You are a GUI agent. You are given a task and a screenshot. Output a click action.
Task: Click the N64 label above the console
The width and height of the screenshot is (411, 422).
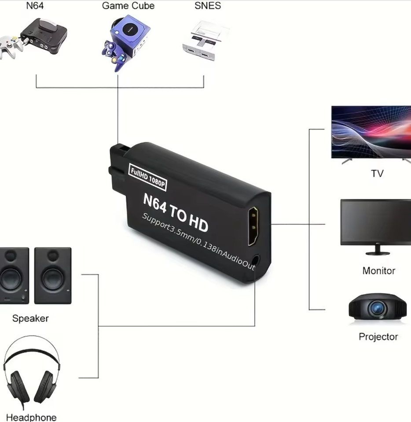click(x=35, y=6)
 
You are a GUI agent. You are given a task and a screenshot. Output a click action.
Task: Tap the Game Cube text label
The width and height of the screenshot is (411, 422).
click(x=128, y=6)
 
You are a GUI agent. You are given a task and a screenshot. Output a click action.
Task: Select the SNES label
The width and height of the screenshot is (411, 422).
click(x=208, y=6)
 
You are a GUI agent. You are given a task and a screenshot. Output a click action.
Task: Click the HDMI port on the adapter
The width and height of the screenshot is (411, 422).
click(x=253, y=226)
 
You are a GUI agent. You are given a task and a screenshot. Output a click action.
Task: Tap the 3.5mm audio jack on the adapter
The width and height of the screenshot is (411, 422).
click(x=255, y=261)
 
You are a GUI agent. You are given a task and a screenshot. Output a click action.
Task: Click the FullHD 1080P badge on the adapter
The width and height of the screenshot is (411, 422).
click(x=147, y=177)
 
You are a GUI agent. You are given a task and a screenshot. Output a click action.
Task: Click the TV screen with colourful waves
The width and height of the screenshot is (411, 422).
click(x=371, y=132)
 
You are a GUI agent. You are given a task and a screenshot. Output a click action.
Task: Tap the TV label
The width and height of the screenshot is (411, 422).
click(x=377, y=174)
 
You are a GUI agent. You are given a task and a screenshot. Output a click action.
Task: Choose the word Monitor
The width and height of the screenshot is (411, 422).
click(x=379, y=271)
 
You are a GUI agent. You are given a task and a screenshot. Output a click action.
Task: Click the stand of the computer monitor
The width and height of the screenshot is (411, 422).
click(x=378, y=251)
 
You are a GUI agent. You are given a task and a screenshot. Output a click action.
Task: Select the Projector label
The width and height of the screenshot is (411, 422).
click(x=378, y=337)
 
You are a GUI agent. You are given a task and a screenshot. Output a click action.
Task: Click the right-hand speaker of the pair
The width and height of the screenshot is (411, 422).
click(x=53, y=276)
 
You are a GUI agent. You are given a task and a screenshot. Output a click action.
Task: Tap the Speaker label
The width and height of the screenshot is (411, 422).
click(x=30, y=318)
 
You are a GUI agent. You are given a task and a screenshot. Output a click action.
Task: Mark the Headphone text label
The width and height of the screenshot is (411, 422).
click(x=31, y=418)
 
